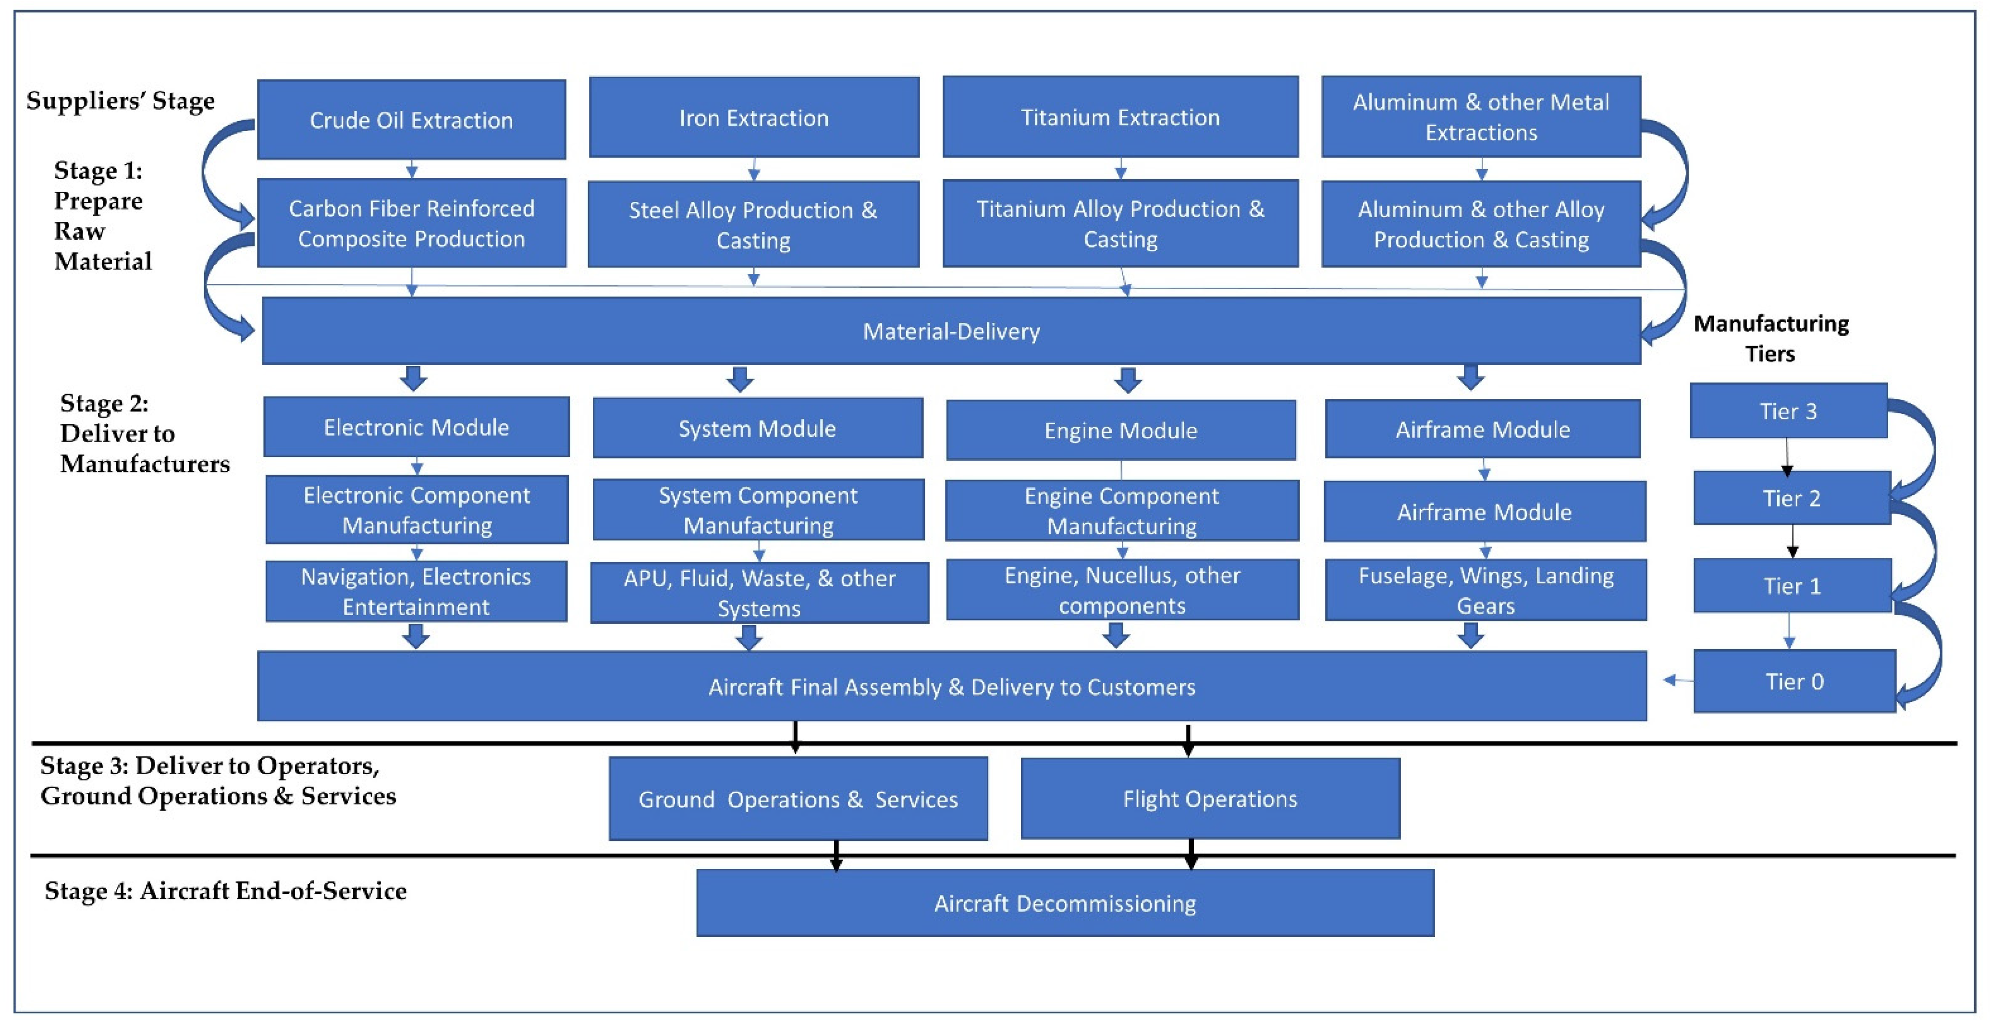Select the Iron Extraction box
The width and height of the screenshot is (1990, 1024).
[753, 117]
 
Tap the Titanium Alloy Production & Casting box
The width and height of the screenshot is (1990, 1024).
[1120, 223]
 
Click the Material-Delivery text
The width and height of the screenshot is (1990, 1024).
[951, 332]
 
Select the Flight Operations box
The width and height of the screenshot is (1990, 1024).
[1210, 798]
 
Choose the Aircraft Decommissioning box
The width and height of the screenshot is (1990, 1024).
[1065, 903]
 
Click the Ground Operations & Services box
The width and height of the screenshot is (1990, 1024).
[798, 799]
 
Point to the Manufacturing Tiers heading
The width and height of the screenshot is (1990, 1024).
[1770, 338]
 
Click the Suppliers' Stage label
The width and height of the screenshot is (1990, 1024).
[121, 101]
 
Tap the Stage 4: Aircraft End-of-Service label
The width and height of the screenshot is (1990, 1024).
[226, 891]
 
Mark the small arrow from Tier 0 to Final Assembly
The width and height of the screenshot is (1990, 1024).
[1677, 680]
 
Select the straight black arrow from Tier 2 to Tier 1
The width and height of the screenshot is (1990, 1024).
[1792, 542]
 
